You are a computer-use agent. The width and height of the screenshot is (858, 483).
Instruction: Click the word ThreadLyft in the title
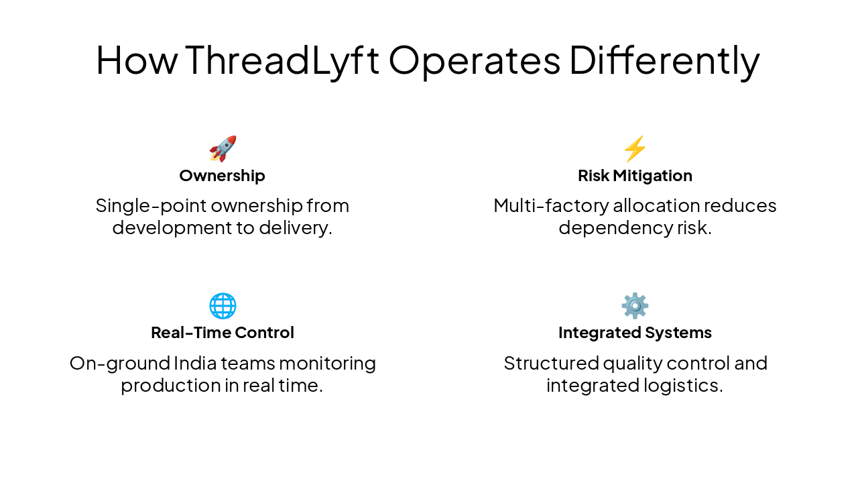point(282,60)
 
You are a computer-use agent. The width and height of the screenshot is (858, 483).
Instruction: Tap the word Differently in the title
point(664,60)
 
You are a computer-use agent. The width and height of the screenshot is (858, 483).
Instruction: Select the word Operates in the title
point(474,60)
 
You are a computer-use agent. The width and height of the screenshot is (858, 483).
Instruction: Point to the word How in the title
point(137,60)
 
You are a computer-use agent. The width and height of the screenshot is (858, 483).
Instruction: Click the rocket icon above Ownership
point(223,148)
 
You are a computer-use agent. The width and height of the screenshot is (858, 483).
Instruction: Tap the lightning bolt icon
point(635,148)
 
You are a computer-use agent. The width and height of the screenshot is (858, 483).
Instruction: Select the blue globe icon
point(223,306)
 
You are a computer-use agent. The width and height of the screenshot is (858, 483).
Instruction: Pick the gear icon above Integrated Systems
point(635,306)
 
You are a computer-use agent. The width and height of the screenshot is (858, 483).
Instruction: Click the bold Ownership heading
point(223,176)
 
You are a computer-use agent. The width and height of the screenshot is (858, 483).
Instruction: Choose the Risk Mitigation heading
point(635,176)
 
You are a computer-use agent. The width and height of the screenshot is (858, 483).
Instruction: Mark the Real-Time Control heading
point(223,333)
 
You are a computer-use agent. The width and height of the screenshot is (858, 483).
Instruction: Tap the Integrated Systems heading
point(635,333)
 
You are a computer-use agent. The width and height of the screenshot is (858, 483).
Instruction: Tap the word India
point(195,363)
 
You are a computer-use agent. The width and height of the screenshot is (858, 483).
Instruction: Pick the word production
point(169,385)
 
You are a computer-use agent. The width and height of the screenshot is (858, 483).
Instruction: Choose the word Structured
point(551,363)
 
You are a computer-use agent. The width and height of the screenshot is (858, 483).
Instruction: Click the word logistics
point(679,385)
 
